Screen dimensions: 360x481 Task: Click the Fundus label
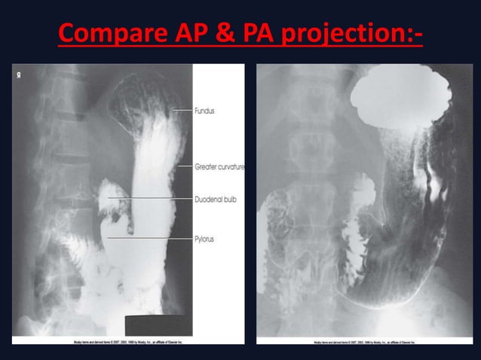coord(204,111)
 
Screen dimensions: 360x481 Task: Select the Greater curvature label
coord(219,166)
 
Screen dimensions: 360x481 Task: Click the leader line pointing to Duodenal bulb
coord(151,198)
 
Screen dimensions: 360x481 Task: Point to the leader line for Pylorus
coord(151,238)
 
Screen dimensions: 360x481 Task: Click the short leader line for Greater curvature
coord(186,166)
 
